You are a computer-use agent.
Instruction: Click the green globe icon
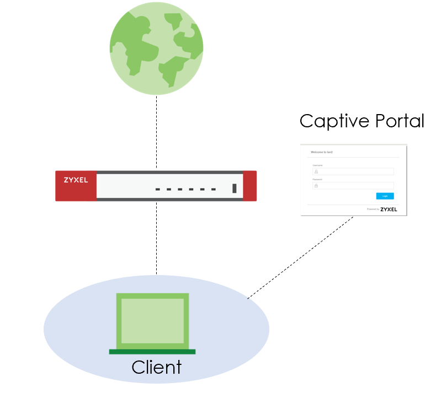[x=156, y=48]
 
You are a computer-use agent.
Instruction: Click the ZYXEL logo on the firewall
[x=76, y=180]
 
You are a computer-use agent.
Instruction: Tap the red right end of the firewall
[x=249, y=186]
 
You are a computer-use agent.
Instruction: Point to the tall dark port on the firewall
[x=235, y=189]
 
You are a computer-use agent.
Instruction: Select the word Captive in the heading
[x=334, y=121]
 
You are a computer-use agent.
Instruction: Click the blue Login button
[x=385, y=196]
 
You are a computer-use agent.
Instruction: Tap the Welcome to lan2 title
[x=322, y=152]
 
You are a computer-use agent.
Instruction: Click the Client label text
[x=156, y=367]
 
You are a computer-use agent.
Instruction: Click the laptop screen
[x=152, y=321]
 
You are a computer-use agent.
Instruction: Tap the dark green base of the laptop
[x=152, y=351]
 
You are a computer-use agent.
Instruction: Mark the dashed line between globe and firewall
[x=156, y=132]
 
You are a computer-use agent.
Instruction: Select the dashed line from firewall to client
[x=156, y=237]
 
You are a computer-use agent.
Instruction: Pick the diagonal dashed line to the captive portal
[x=301, y=257]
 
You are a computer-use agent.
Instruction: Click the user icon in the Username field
[x=316, y=171]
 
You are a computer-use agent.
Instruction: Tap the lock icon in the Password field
[x=316, y=186]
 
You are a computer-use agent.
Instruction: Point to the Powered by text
[x=373, y=209]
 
